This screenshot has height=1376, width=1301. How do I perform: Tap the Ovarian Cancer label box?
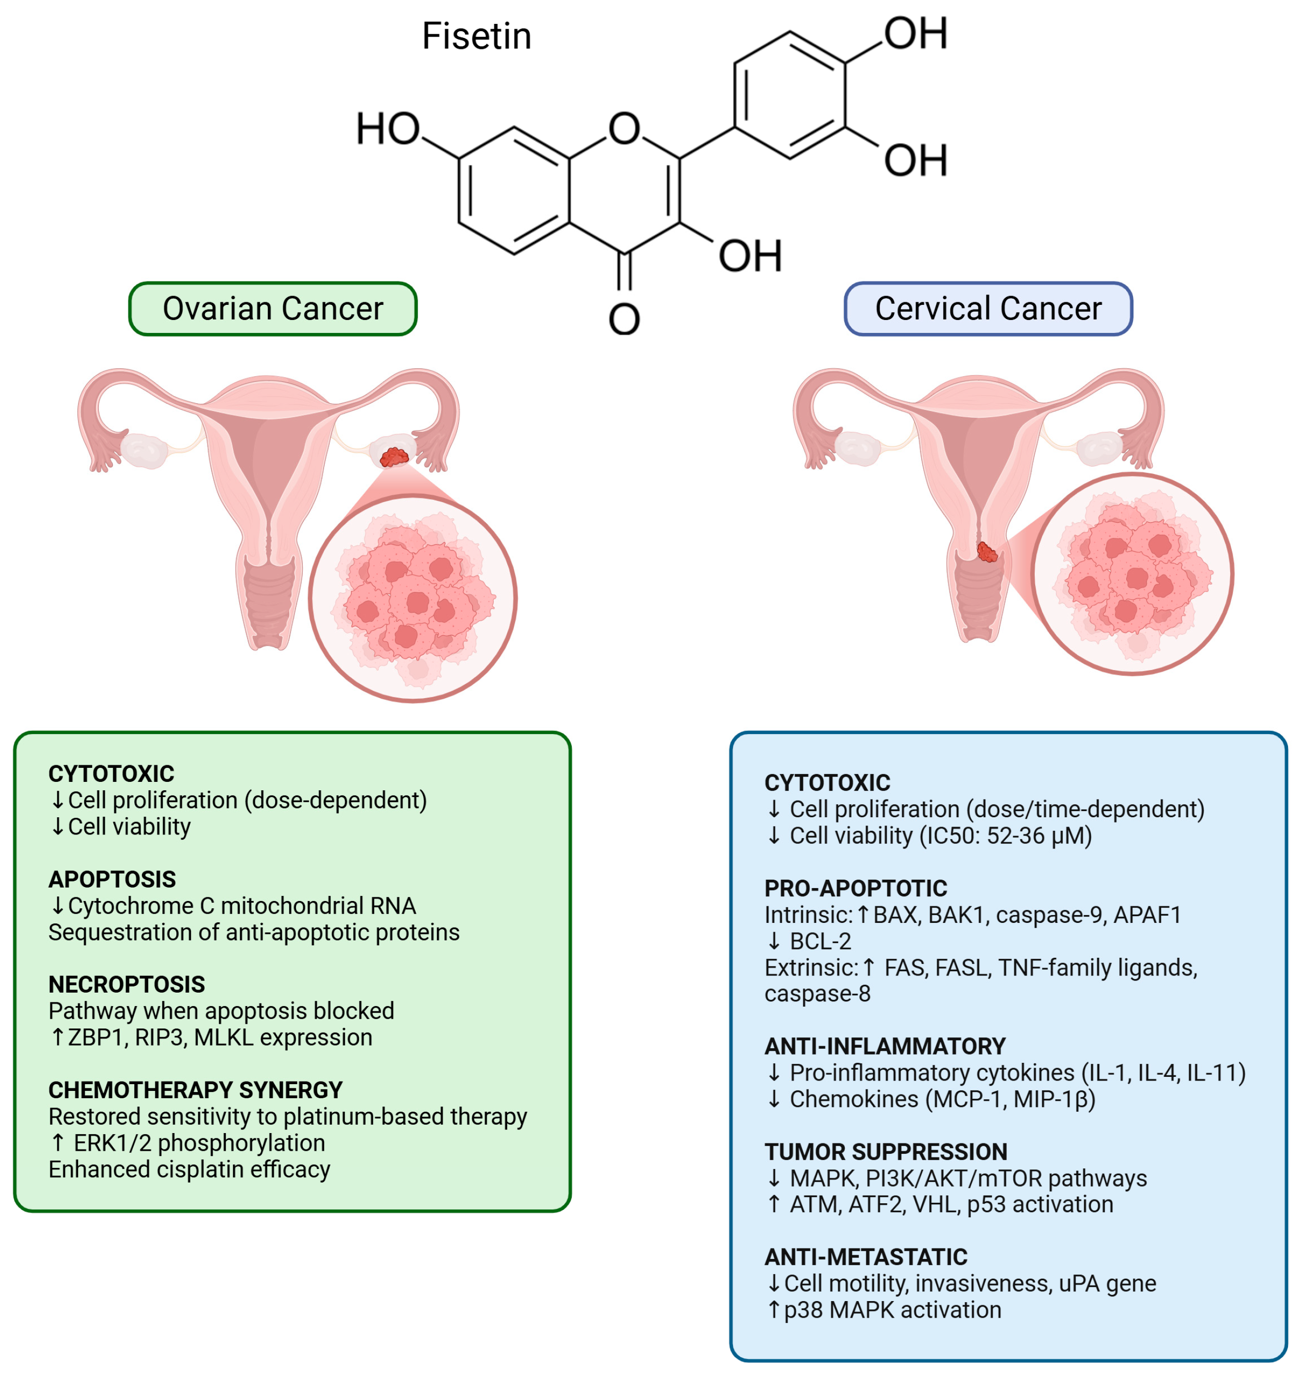(x=273, y=308)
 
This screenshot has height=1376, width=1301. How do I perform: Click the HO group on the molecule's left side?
(x=388, y=130)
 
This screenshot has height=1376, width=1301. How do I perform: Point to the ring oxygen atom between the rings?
(x=624, y=129)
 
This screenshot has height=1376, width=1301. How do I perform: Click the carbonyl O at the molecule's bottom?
(x=624, y=320)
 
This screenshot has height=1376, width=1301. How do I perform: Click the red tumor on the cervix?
(x=987, y=552)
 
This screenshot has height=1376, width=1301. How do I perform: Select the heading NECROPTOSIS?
(x=126, y=984)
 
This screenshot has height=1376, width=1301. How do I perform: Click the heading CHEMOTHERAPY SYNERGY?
(x=195, y=1089)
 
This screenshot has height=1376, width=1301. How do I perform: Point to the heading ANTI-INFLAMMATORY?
(x=884, y=1046)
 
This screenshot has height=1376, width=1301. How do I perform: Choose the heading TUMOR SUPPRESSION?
(x=885, y=1151)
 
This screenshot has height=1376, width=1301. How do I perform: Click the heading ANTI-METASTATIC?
(x=866, y=1257)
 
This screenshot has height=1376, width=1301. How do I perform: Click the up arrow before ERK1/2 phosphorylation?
(x=58, y=1143)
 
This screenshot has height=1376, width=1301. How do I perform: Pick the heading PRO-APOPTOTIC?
(x=855, y=889)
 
